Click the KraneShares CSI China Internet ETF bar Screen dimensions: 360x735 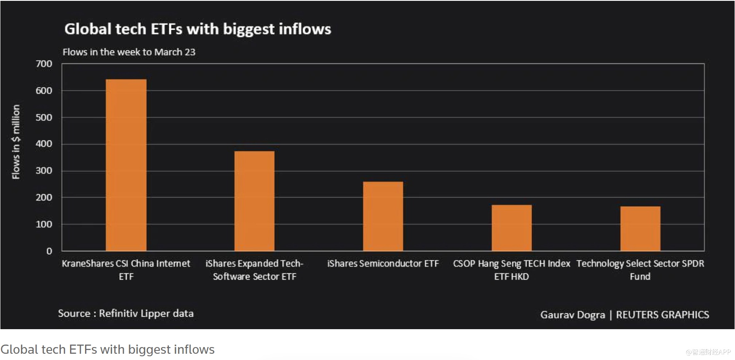[x=126, y=165]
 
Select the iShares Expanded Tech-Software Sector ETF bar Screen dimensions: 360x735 [x=254, y=201]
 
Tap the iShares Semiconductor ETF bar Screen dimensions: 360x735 [x=383, y=216]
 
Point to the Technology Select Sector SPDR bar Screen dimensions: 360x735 [x=640, y=228]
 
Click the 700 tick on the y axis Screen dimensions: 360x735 [x=44, y=64]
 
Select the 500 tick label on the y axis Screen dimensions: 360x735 [x=44, y=117]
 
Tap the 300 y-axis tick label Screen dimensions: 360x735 [x=44, y=171]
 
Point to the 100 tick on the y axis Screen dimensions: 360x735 [x=44, y=224]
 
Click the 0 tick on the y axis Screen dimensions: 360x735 [x=49, y=251]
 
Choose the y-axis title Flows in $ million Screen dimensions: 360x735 [x=16, y=142]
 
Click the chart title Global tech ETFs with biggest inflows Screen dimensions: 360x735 [x=198, y=29]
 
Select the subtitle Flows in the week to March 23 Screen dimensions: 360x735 [x=129, y=52]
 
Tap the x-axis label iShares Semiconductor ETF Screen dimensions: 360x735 [x=383, y=264]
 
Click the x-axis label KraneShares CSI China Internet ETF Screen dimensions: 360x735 [x=126, y=270]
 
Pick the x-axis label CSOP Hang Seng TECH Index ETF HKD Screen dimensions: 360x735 [x=512, y=270]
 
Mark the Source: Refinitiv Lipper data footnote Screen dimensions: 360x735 [x=125, y=313]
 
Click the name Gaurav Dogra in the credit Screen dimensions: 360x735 [x=572, y=315]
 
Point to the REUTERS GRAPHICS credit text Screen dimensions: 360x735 [x=662, y=315]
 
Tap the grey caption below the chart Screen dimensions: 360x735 [x=108, y=350]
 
